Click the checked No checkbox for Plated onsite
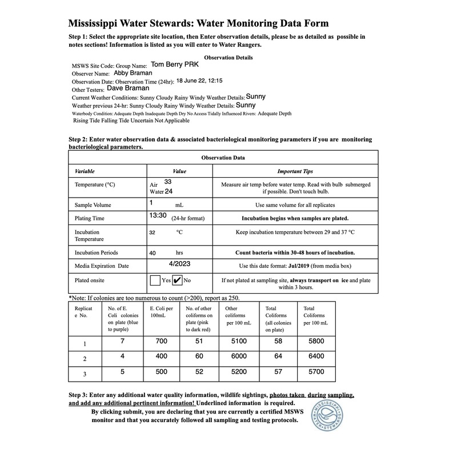point(177,280)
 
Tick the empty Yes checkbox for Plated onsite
point(154,280)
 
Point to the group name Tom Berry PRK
point(175,65)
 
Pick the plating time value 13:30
point(158,215)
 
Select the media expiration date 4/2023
point(180,264)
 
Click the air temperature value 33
point(168,182)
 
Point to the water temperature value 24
point(169,191)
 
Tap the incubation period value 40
point(153,252)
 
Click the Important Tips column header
point(295,171)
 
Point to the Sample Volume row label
point(93,205)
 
